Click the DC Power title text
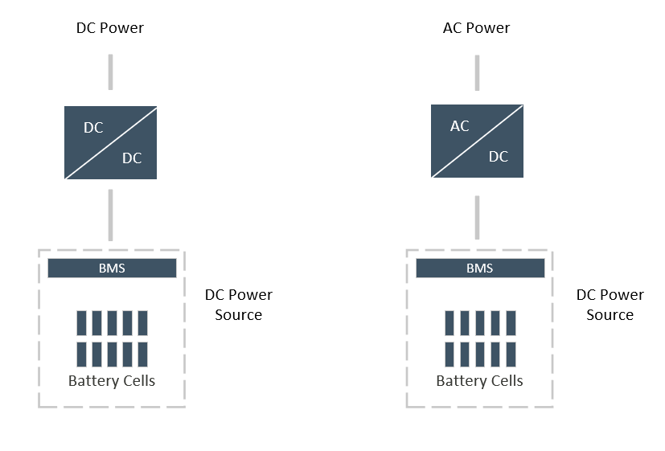point(110,28)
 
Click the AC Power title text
point(476,28)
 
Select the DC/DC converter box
point(111,143)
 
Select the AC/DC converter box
point(477,141)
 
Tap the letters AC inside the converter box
point(460,126)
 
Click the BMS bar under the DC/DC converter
point(112,269)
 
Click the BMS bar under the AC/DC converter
point(480,269)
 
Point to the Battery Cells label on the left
point(112,380)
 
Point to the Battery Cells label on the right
point(480,380)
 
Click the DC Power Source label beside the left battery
point(238,305)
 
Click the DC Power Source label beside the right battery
point(610,305)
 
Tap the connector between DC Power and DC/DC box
point(111,72)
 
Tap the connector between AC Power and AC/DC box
point(477,73)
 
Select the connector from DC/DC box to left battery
point(111,215)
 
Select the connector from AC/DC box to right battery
point(477,217)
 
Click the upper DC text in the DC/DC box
point(93,128)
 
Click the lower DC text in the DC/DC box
point(132,158)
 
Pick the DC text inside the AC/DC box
point(499,157)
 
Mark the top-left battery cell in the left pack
point(81,323)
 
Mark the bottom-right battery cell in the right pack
point(511,355)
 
